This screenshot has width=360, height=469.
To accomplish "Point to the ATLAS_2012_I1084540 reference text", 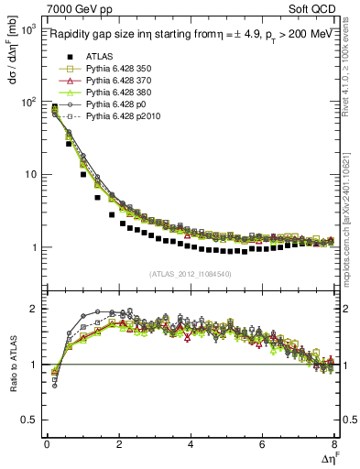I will (x=190, y=273).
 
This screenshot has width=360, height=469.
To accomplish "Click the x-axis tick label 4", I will (x=191, y=445).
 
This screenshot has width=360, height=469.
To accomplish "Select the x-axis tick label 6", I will (x=262, y=445).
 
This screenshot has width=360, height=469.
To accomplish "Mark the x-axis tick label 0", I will (x=47, y=445).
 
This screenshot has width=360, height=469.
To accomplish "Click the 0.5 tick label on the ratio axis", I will (x=27, y=420).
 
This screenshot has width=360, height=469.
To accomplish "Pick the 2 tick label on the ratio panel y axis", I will (x=33, y=309).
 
